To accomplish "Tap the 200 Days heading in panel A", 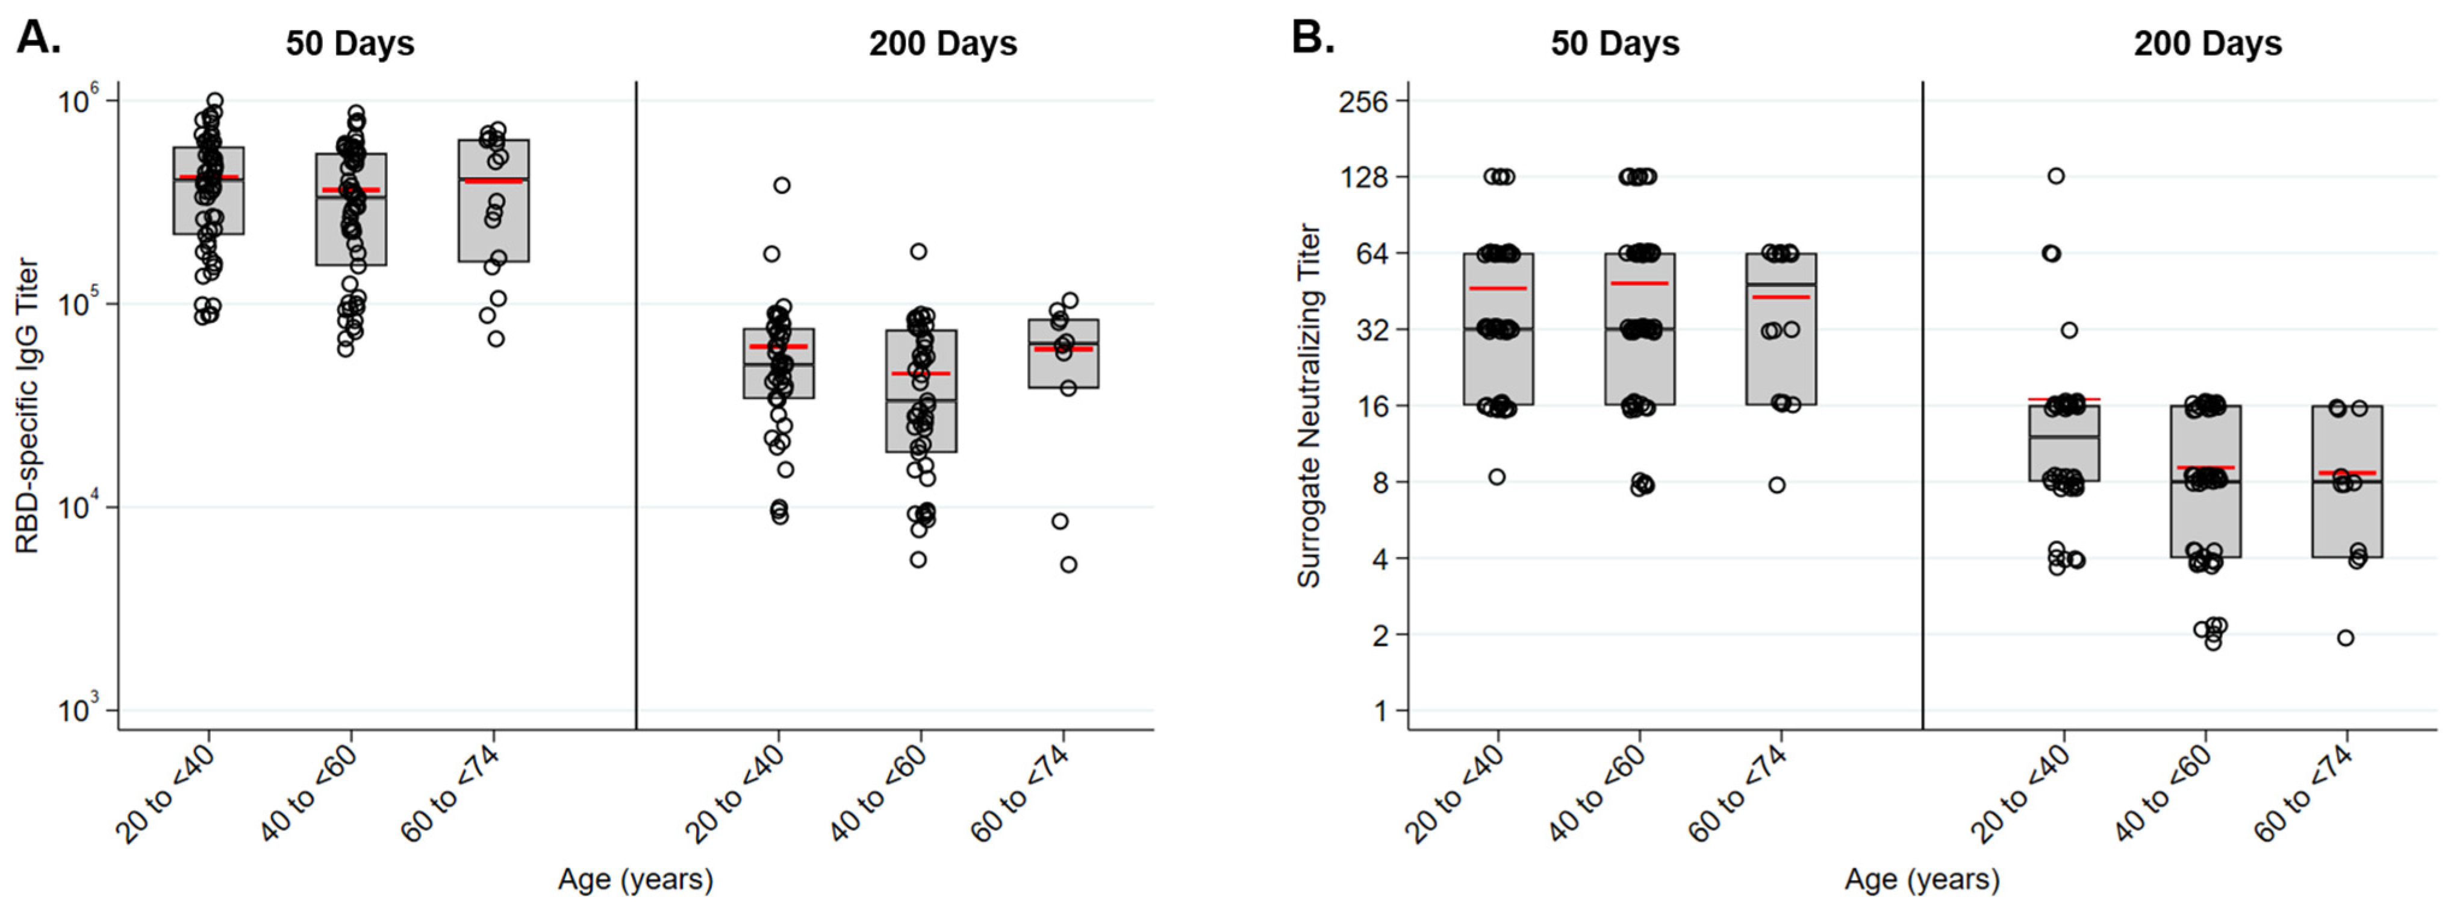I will (942, 44).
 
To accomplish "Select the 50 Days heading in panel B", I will (1615, 44).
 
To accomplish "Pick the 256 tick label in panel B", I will (1363, 101).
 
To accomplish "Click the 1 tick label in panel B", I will (1381, 711).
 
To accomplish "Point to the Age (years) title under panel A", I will (635, 879).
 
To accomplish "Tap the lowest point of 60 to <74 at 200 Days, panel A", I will (1068, 565).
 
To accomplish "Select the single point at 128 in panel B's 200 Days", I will (2056, 176).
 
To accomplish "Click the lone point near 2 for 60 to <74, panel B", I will (2346, 638).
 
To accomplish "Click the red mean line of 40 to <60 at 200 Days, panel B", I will (2205, 467).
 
